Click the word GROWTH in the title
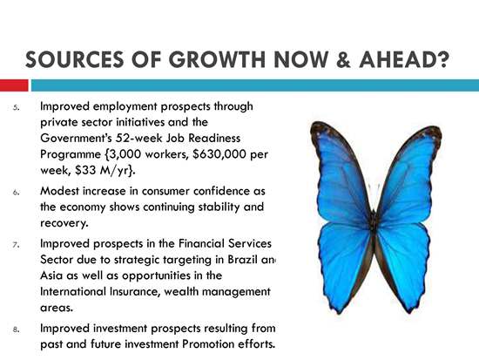217,59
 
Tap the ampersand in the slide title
343,59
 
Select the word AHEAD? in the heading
404,59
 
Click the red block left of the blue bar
14,85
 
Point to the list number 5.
17,107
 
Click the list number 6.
17,193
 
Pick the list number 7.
17,245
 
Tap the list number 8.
17,329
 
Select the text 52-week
139,139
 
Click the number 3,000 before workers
125,154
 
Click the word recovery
64,223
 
